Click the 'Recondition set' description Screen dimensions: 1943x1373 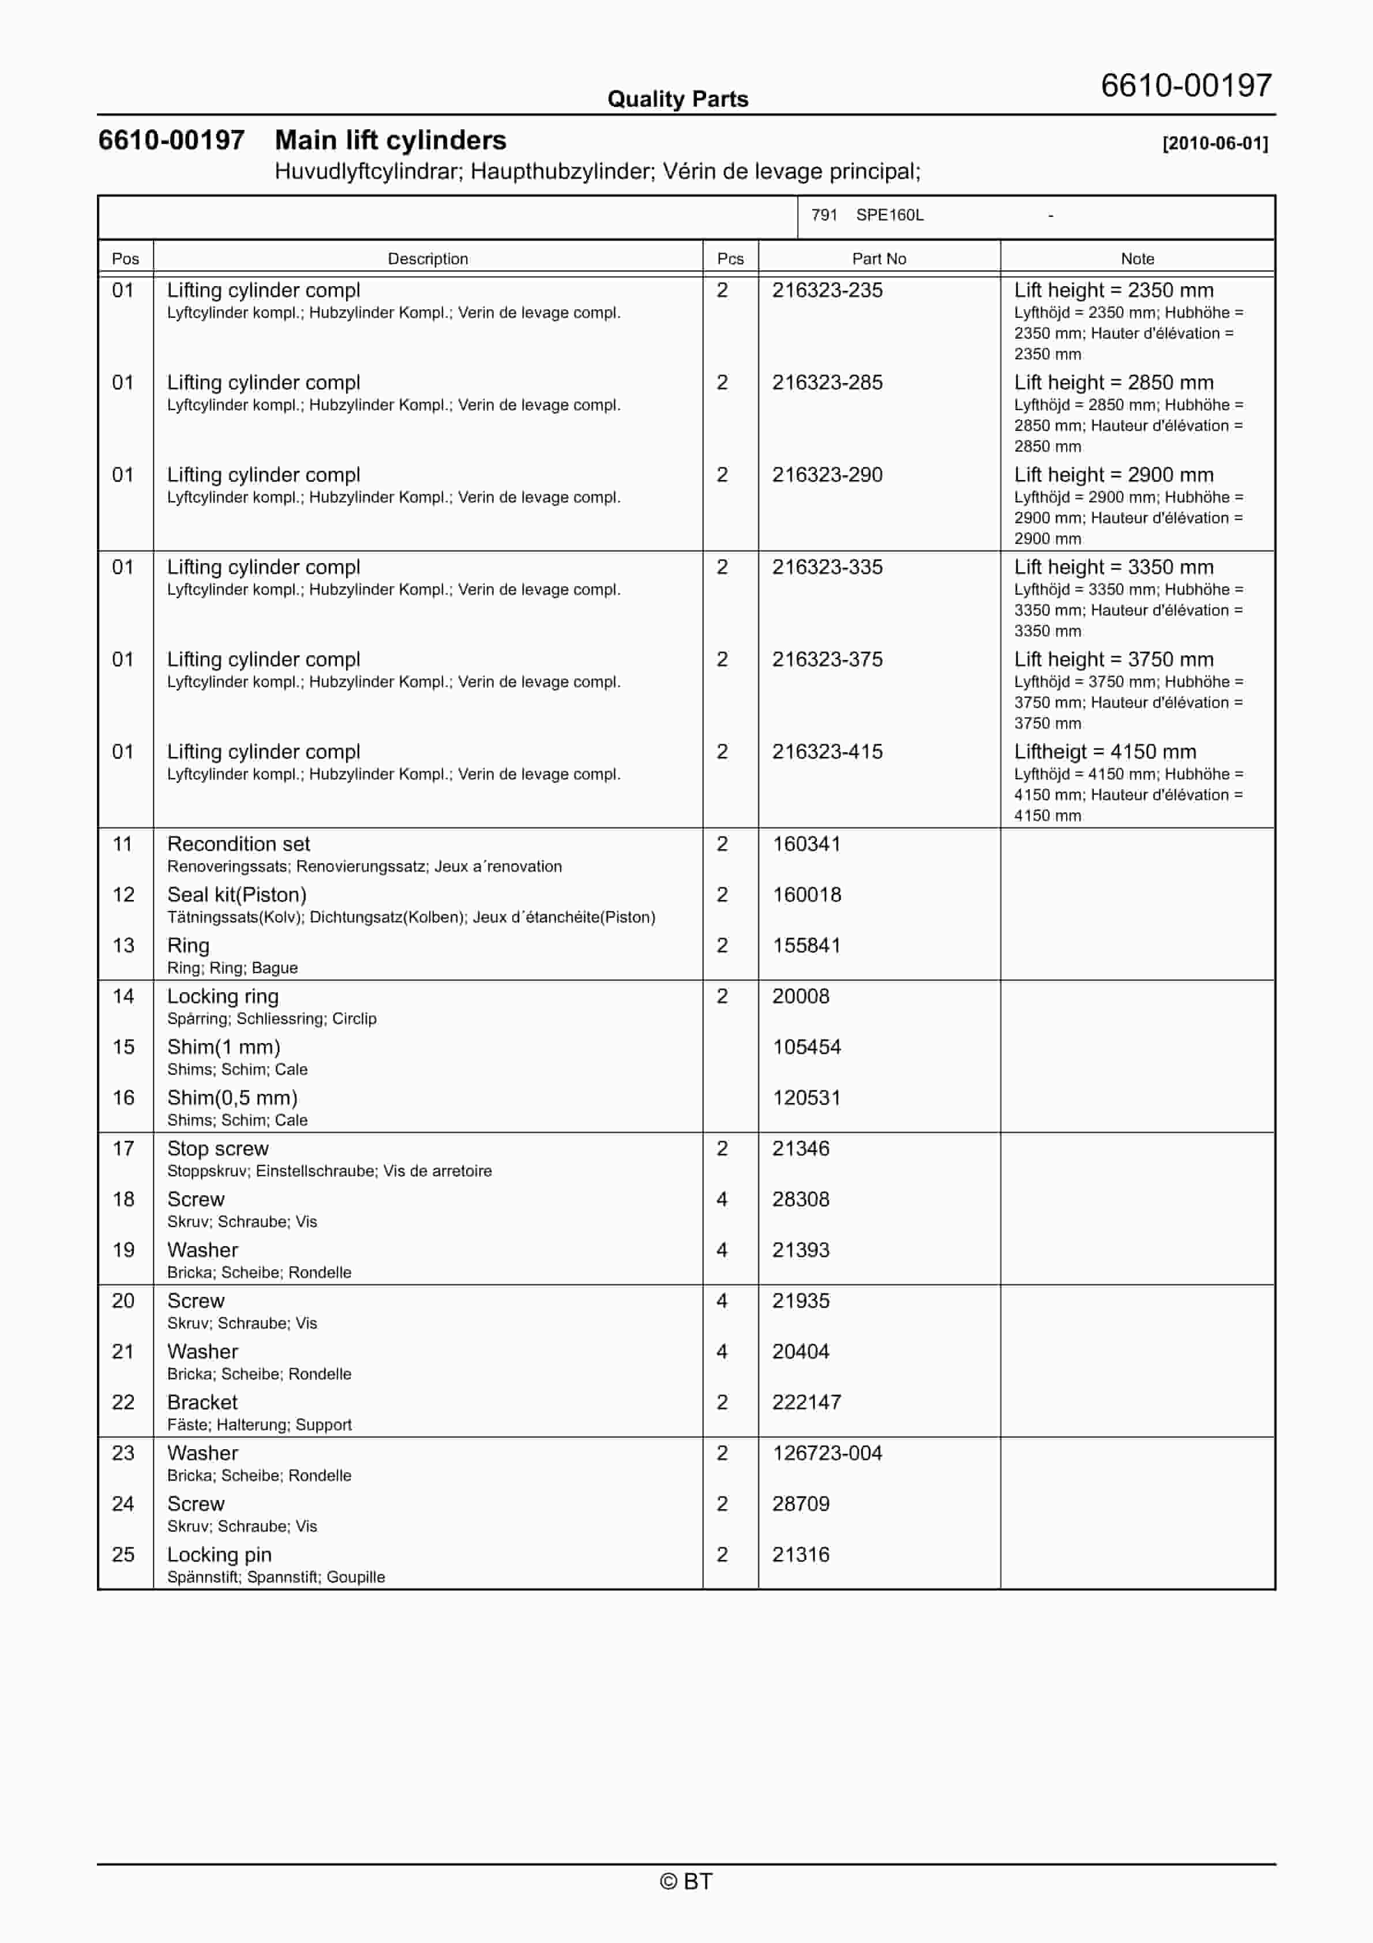point(239,843)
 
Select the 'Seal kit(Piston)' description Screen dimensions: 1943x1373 point(237,895)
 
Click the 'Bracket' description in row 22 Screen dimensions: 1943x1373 point(202,1402)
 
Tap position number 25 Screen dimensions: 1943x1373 point(123,1555)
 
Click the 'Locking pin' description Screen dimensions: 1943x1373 point(219,1555)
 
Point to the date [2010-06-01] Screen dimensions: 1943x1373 point(1215,143)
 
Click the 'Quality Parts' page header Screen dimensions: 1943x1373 point(677,99)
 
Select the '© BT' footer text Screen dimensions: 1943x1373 point(686,1881)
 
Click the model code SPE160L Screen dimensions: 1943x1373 point(890,215)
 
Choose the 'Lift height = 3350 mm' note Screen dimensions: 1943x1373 point(1113,567)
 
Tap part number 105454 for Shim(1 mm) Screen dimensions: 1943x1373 point(806,1047)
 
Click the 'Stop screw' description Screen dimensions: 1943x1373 point(217,1149)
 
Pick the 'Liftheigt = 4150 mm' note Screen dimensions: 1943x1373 point(1105,752)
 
